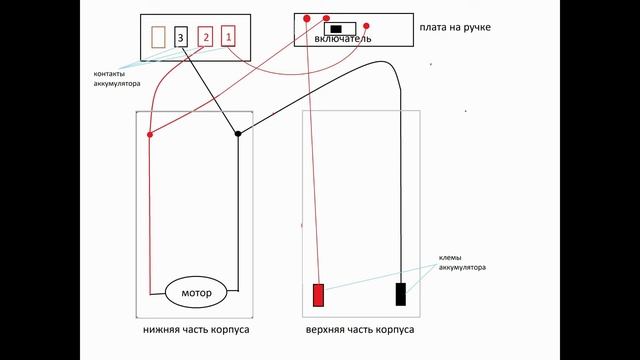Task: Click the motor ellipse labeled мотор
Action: pyautogui.click(x=197, y=293)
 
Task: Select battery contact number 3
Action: pyautogui.click(x=181, y=38)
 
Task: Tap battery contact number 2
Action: pyautogui.click(x=206, y=38)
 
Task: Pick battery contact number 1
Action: pyautogui.click(x=229, y=38)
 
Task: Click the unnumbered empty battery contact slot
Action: pyautogui.click(x=158, y=38)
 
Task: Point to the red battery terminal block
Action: pyautogui.click(x=320, y=295)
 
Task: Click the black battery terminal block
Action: pyautogui.click(x=401, y=294)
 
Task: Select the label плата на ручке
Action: pyautogui.click(x=455, y=27)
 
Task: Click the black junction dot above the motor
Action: pyautogui.click(x=238, y=133)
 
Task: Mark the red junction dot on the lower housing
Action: pyautogui.click(x=150, y=134)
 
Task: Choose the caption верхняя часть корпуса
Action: pyautogui.click(x=359, y=329)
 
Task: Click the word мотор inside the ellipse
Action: pyautogui.click(x=197, y=294)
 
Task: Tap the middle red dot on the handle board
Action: pyautogui.click(x=326, y=18)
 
